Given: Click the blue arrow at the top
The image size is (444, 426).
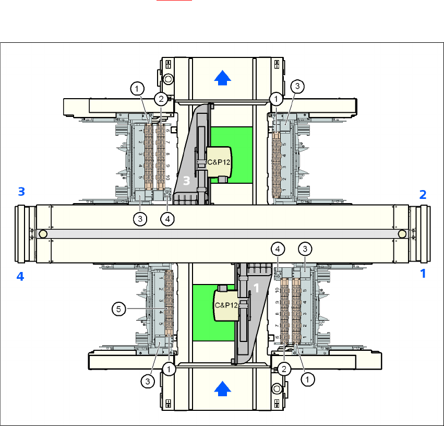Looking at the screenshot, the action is (223, 78).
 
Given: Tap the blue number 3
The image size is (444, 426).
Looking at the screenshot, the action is (21, 192).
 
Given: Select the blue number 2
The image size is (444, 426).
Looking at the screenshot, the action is (423, 195).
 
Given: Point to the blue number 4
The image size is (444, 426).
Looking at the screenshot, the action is (20, 277).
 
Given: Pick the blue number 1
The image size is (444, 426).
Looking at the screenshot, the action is (423, 273).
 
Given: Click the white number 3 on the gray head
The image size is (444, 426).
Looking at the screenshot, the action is (187, 181).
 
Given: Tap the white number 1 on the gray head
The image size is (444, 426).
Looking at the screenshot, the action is (256, 288).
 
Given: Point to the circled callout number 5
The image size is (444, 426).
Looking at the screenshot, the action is (119, 309).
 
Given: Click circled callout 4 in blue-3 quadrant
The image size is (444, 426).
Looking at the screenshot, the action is (167, 219).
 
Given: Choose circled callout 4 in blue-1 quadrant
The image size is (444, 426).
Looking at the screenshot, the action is (279, 248).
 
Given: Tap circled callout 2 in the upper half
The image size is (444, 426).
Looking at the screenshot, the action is (161, 98).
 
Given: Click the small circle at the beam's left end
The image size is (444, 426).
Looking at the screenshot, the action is (43, 233).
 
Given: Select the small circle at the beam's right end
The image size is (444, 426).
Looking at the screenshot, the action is (401, 233).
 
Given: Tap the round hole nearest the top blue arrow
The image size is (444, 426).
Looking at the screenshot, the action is (169, 79).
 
